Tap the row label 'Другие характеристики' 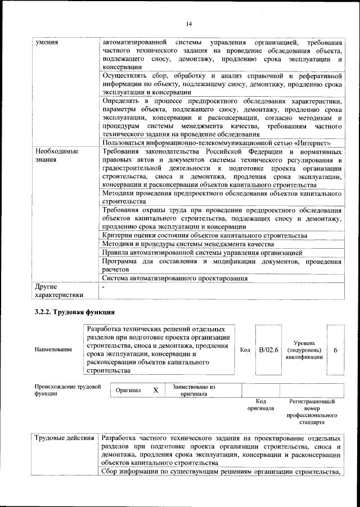tap(59, 290)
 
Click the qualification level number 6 tap(335, 349)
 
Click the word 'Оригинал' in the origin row tap(128, 390)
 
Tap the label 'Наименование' tap(53, 350)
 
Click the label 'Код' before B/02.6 tap(245, 350)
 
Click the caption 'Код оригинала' tap(260, 405)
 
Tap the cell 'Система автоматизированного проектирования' tap(175, 279)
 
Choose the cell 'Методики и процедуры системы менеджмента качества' tap(188, 244)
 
